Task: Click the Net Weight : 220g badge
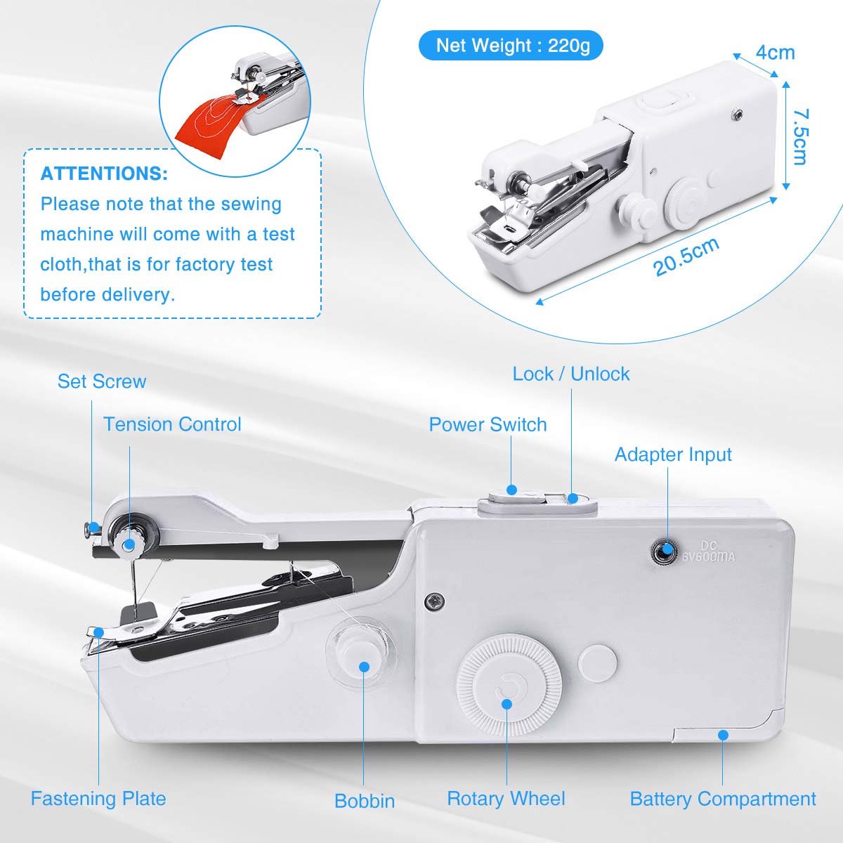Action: [x=511, y=45]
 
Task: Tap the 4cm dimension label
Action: [x=775, y=53]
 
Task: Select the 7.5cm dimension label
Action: [x=801, y=136]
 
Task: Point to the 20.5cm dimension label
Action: [x=686, y=257]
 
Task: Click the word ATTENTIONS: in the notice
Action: [x=104, y=174]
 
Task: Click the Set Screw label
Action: [x=102, y=381]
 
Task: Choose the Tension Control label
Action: [x=172, y=424]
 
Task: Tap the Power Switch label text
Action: [x=488, y=424]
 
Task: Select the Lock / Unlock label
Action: [x=571, y=374]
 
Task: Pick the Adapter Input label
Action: [x=673, y=455]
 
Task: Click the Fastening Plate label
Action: [x=98, y=798]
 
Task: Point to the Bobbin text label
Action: [x=365, y=801]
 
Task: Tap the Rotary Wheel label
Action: [x=506, y=798]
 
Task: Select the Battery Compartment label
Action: [x=723, y=799]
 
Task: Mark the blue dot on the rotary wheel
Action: [x=507, y=704]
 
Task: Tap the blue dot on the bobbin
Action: [x=364, y=666]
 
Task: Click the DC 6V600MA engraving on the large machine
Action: [x=709, y=551]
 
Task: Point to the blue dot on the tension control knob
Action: [x=129, y=544]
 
